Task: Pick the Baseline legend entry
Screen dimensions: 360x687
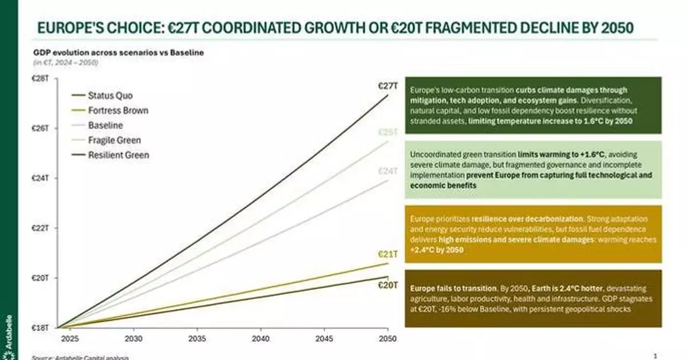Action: [105, 125]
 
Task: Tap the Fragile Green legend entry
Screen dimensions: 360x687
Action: [114, 140]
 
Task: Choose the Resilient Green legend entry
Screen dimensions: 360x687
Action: [119, 155]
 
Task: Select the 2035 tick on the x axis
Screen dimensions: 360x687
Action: [198, 338]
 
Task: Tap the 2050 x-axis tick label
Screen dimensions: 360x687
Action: [388, 338]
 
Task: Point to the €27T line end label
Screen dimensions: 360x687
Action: [388, 86]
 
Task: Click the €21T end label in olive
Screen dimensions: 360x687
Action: [388, 254]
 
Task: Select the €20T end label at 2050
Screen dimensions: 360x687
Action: [388, 284]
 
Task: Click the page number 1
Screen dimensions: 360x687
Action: [655, 355]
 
